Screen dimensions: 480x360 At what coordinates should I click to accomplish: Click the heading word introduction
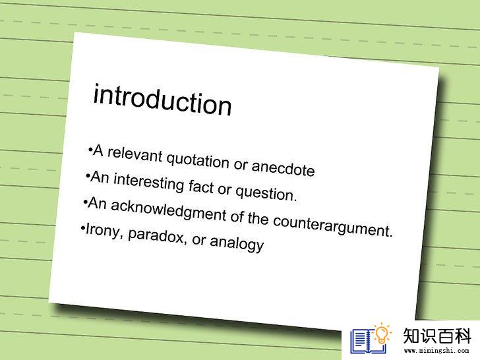click(x=162, y=100)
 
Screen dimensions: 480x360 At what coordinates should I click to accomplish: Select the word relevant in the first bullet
click(x=135, y=154)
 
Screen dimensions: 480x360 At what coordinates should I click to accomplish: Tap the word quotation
click(x=198, y=160)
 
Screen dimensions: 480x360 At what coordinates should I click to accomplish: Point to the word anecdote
click(x=283, y=167)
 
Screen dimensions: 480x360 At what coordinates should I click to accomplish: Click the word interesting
click(x=148, y=181)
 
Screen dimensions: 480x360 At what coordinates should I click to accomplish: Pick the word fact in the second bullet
click(x=201, y=186)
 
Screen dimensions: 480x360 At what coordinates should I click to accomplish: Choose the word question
click(x=266, y=193)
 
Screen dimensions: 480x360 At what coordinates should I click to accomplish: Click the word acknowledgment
click(x=168, y=210)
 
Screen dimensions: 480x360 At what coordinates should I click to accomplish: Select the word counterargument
click(x=332, y=226)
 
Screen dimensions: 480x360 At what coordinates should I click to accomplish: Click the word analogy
click(x=237, y=243)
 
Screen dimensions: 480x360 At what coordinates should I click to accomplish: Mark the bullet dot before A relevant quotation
click(x=90, y=150)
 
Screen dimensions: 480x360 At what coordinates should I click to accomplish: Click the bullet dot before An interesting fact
click(x=88, y=176)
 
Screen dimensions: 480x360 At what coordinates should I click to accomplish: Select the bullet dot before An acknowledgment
click(x=85, y=202)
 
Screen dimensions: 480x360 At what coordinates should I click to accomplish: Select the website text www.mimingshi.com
click(x=436, y=351)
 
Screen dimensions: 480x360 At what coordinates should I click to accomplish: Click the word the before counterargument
click(x=258, y=218)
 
